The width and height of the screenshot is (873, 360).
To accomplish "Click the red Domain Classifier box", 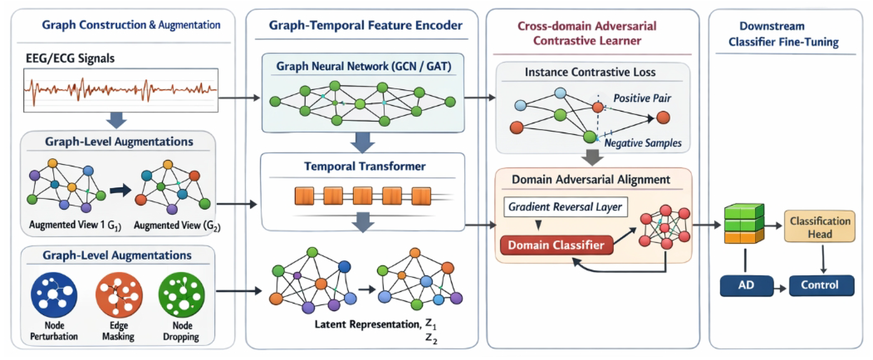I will (556, 245).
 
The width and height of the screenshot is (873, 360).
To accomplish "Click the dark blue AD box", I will (746, 285).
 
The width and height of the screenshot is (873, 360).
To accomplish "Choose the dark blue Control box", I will (822, 285).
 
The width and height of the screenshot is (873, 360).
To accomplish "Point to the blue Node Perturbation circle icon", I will (54, 295).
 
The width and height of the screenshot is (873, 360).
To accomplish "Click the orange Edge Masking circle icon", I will (119, 295).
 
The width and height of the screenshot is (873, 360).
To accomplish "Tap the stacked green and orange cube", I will (744, 224).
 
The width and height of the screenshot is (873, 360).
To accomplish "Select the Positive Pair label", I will (642, 98).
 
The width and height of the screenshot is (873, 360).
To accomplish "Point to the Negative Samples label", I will (643, 143).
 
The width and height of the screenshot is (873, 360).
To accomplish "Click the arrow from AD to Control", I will (780, 288).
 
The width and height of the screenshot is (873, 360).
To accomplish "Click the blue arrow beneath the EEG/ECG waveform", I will (116, 120).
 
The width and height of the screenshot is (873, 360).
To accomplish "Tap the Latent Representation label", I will (368, 325).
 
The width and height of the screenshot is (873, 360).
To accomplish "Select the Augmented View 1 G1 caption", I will (75, 225).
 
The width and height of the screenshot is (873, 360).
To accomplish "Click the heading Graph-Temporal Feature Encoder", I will (365, 25).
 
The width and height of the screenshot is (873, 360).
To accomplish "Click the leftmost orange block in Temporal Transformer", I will (304, 196).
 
